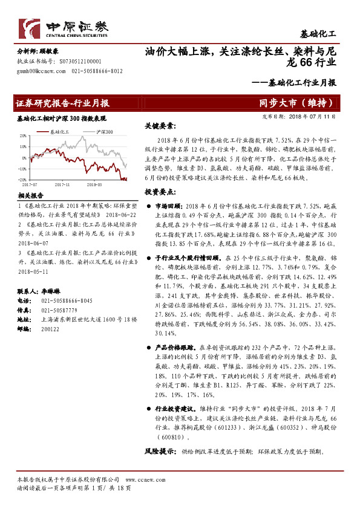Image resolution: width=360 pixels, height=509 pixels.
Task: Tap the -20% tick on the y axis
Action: (22, 180)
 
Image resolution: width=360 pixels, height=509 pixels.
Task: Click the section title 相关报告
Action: (30, 196)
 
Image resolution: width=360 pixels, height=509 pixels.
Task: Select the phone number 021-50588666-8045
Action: (64, 300)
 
